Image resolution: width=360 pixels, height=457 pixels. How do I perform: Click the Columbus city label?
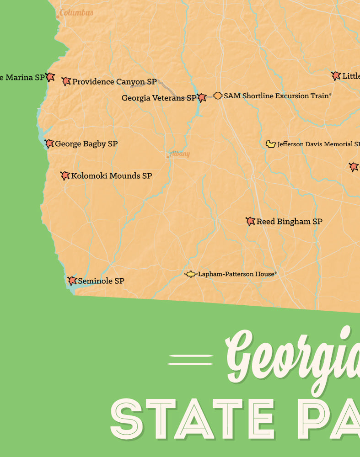pyautogui.click(x=76, y=13)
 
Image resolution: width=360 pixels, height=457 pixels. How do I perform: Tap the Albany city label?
pyautogui.click(x=179, y=154)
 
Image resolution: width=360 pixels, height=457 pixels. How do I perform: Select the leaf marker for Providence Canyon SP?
pyautogui.click(x=66, y=82)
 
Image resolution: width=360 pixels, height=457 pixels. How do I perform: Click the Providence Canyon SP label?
pyautogui.click(x=114, y=82)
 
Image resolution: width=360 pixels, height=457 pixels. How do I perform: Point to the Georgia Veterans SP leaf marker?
pyautogui.click(x=202, y=97)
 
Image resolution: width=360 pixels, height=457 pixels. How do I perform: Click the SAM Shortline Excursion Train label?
pyautogui.click(x=277, y=96)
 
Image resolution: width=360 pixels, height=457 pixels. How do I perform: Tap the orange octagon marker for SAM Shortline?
pyautogui.click(x=218, y=96)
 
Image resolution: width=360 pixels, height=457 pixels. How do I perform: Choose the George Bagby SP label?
pyautogui.click(x=86, y=144)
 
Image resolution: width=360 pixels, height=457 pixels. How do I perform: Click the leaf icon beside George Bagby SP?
pyautogui.click(x=49, y=144)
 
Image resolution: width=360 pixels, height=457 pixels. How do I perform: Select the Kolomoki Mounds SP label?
pyautogui.click(x=112, y=176)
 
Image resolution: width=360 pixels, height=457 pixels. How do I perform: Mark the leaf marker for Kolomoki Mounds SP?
pyautogui.click(x=65, y=175)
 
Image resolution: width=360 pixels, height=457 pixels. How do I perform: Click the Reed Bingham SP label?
pyautogui.click(x=289, y=222)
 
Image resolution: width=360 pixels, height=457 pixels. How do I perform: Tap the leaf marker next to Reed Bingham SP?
pyautogui.click(x=250, y=222)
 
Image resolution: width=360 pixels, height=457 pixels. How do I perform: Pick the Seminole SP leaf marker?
pyautogui.click(x=72, y=281)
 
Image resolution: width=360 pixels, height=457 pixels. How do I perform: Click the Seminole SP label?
pyautogui.click(x=101, y=281)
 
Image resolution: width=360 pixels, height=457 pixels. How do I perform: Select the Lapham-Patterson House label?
pyautogui.click(x=237, y=274)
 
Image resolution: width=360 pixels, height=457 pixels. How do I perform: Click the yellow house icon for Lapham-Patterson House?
pyautogui.click(x=190, y=274)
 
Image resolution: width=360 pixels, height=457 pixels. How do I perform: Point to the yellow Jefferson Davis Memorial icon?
pyautogui.click(x=271, y=144)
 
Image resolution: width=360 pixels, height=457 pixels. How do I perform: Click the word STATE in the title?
pyautogui.click(x=192, y=418)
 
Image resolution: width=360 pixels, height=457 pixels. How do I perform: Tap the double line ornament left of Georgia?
pyautogui.click(x=190, y=360)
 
